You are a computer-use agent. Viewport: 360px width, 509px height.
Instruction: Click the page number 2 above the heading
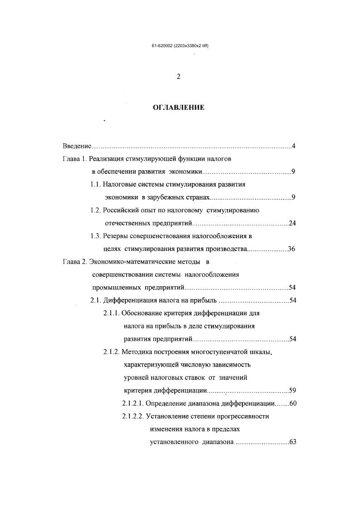click(x=178, y=77)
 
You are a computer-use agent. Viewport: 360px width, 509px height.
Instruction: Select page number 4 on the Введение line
click(x=294, y=146)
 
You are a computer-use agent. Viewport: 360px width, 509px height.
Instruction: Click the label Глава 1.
click(x=74, y=159)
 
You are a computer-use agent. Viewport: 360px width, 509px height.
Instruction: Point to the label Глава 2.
click(x=74, y=262)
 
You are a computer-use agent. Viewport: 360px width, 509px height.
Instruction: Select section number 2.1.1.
click(x=111, y=313)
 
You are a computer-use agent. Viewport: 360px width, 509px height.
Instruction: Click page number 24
click(x=292, y=223)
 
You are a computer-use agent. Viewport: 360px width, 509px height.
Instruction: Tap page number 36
click(x=292, y=249)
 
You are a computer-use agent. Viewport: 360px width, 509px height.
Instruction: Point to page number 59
click(x=292, y=390)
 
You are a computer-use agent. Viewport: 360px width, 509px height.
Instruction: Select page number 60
click(x=292, y=403)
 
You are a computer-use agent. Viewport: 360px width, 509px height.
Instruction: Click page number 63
click(x=292, y=442)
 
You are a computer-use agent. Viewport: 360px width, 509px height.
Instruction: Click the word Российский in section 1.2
click(x=122, y=210)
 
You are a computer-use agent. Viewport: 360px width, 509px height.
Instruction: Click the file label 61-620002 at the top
click(x=163, y=46)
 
